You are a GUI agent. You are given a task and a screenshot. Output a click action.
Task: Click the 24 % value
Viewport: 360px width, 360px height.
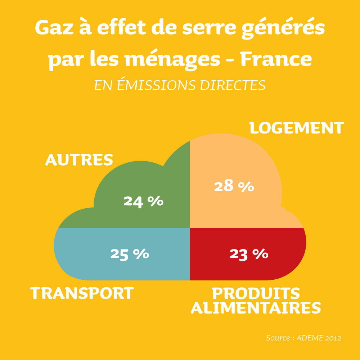click(x=143, y=201)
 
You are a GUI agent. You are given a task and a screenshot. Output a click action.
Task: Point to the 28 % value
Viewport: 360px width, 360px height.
click(x=234, y=186)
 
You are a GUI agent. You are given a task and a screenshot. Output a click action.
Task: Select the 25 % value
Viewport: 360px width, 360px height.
click(x=130, y=254)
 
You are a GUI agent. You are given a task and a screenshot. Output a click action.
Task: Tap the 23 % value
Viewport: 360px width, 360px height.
click(x=249, y=254)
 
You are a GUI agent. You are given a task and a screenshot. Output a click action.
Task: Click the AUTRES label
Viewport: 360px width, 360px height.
click(x=79, y=160)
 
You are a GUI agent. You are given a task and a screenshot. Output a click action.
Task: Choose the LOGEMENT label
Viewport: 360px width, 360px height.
click(x=297, y=128)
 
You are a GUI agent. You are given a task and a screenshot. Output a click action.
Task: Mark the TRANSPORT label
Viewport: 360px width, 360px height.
click(x=82, y=293)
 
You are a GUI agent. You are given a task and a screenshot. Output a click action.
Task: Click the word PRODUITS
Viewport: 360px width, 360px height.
click(x=256, y=293)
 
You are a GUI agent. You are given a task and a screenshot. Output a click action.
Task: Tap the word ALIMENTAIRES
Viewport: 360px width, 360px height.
click(x=256, y=308)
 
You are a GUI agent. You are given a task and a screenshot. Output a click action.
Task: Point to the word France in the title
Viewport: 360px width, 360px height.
click(x=276, y=59)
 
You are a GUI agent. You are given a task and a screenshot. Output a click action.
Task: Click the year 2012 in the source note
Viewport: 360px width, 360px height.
click(x=332, y=338)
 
